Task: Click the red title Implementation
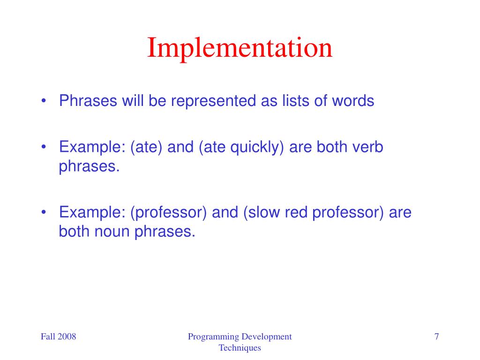coord(240,49)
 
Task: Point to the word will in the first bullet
coord(134,101)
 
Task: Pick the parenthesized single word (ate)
coord(147,148)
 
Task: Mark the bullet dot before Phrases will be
coord(44,101)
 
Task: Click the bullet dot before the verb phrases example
coord(44,148)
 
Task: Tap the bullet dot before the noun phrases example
coord(44,213)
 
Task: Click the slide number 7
coord(436,337)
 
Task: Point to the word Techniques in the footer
coord(240,348)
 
